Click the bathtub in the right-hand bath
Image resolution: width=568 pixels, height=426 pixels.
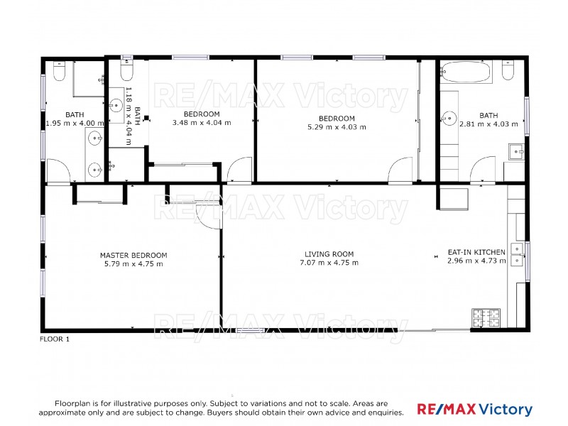(465, 72)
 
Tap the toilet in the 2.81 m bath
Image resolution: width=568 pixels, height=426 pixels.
(508, 70)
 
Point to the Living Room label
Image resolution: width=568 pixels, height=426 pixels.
(329, 254)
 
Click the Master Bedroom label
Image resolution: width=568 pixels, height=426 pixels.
(133, 256)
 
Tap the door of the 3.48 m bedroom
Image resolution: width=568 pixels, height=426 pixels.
(239, 170)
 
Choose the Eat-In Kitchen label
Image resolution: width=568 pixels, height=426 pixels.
(476, 252)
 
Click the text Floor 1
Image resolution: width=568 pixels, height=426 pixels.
(55, 339)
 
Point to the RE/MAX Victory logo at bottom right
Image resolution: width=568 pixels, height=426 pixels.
(474, 410)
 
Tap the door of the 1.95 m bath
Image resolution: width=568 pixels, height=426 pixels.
(58, 172)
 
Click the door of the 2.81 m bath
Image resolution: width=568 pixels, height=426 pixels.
(484, 170)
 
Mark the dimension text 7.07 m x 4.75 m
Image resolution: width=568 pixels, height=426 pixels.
(329, 263)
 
